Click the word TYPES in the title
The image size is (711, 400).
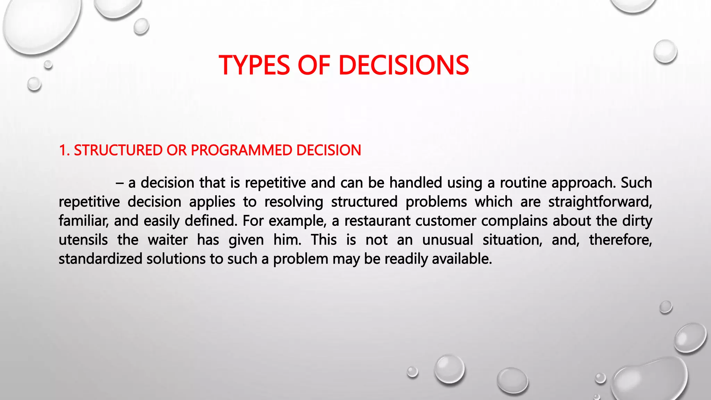[x=254, y=65]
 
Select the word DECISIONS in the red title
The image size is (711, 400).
[x=403, y=65]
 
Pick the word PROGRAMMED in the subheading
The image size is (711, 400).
[x=241, y=150]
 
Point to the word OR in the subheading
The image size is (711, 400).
[x=176, y=150]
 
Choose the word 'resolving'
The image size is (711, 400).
[x=293, y=202]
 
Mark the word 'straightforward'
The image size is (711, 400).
[x=600, y=202]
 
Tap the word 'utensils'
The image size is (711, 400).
[x=83, y=240]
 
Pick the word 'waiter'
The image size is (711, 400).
[x=168, y=240]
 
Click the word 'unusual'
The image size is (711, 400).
[x=447, y=240]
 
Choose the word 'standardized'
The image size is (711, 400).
[x=100, y=259]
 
